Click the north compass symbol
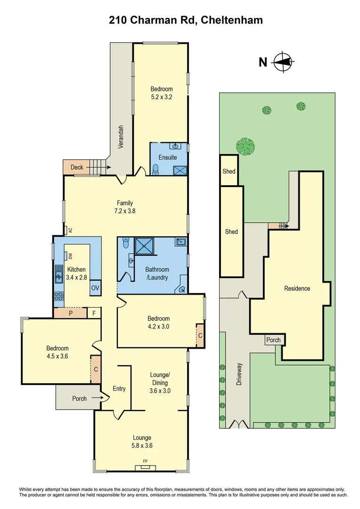tap(283, 62)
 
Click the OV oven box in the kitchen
tap(95, 288)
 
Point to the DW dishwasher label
tap(70, 256)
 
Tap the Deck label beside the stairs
tap(77, 167)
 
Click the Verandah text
tap(121, 137)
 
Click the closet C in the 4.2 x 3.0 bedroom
tap(200, 336)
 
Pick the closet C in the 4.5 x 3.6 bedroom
tap(96, 370)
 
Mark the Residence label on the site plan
tap(297, 288)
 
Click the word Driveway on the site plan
tap(239, 374)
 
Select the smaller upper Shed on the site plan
tap(229, 171)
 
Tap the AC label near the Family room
tap(70, 230)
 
